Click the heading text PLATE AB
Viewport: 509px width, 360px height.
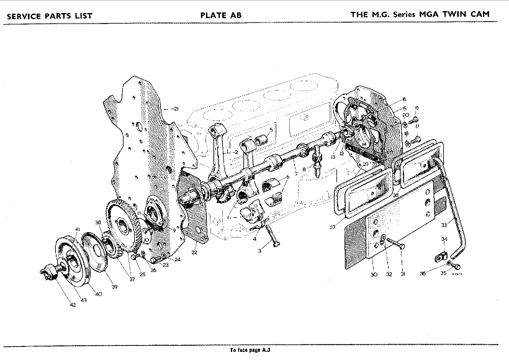(x=221, y=15)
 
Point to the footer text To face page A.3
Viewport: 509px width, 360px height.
(x=250, y=350)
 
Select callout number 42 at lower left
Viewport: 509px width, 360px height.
(x=72, y=305)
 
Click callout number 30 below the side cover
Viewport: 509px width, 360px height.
(x=374, y=275)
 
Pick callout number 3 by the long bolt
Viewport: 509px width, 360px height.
(x=260, y=251)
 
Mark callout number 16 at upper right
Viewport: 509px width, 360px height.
(x=403, y=99)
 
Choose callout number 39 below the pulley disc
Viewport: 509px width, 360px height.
(x=114, y=286)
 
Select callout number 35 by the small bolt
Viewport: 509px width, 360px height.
(x=443, y=273)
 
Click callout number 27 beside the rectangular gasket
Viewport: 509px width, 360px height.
(x=333, y=228)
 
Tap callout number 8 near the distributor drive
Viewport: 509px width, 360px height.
(x=304, y=169)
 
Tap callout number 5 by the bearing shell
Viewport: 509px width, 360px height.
(x=271, y=129)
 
